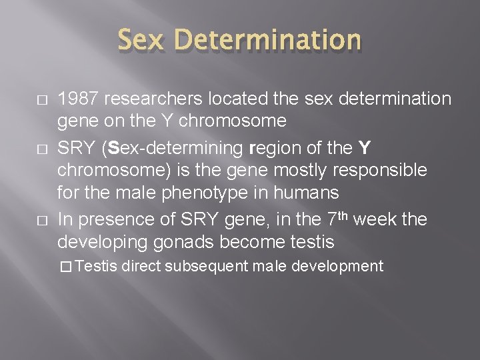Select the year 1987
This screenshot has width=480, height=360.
79,99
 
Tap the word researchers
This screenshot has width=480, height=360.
155,99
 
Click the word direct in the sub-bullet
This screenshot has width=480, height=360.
141,267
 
